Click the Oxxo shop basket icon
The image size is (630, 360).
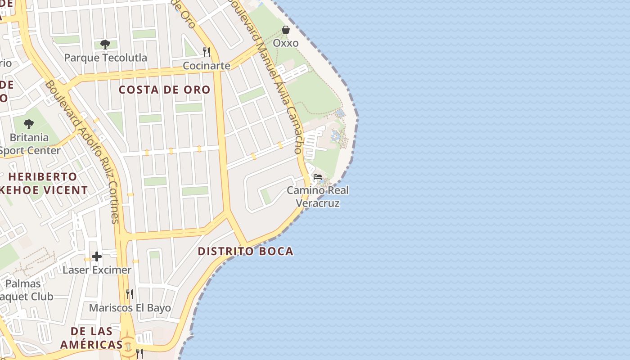pyautogui.click(x=286, y=30)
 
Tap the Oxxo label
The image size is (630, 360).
pyautogui.click(x=286, y=43)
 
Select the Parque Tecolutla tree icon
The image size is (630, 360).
pyautogui.click(x=105, y=45)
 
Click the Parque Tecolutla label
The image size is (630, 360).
pyautogui.click(x=105, y=58)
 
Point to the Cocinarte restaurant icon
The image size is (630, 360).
pyautogui.click(x=207, y=52)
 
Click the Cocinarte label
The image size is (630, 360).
pyautogui.click(x=207, y=66)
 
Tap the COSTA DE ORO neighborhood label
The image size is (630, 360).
pyautogui.click(x=165, y=90)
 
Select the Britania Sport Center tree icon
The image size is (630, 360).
pyautogui.click(x=29, y=124)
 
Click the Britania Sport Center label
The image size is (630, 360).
pyautogui.click(x=30, y=144)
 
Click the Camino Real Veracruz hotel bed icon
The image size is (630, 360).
pyautogui.click(x=318, y=177)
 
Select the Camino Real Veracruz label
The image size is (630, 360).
pyautogui.click(x=318, y=197)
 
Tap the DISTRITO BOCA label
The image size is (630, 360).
pyautogui.click(x=246, y=251)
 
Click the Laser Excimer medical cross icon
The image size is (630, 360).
pyautogui.click(x=97, y=257)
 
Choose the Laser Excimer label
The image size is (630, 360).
pyautogui.click(x=97, y=270)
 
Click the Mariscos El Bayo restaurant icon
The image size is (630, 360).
pyautogui.click(x=130, y=294)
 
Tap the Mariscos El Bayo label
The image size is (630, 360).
pyautogui.click(x=130, y=308)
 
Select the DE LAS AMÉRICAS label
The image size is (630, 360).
pyautogui.click(x=92, y=338)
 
